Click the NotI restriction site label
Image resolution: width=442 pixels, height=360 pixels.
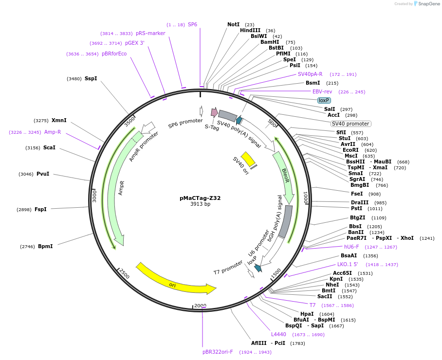pos(234,24)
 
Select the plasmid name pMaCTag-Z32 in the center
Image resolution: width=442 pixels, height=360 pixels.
pos(200,198)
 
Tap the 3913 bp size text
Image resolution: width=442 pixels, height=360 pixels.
pos(200,204)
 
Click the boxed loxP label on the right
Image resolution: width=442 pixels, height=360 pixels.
pos(324,100)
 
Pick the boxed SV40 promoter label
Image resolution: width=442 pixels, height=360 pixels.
pos(350,124)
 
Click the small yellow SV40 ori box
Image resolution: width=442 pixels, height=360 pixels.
pos(248,159)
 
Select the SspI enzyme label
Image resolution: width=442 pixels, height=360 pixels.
pos(91,78)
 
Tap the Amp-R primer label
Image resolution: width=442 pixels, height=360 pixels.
pos(53,132)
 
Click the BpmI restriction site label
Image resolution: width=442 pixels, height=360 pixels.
pos(45,246)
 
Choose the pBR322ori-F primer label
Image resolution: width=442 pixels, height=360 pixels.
pos(218,352)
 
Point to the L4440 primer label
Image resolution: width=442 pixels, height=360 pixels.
pos(279,334)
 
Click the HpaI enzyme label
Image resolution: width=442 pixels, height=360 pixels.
pos(307,314)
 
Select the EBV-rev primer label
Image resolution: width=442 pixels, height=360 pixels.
pos(322,91)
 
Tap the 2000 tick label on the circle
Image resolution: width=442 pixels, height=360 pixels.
pos(200,306)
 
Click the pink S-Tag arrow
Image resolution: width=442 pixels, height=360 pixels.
pos(214,112)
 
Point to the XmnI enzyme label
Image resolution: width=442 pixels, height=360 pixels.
pos(59,120)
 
